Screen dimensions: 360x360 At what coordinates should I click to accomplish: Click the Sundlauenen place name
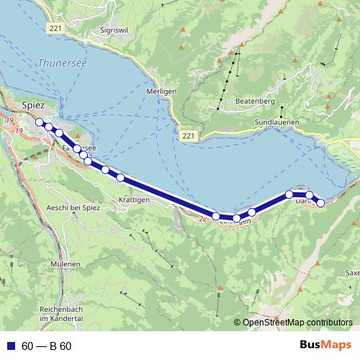(276, 122)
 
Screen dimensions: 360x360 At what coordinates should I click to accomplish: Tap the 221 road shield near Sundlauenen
(188, 135)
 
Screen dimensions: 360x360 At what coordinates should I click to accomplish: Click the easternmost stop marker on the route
(320, 203)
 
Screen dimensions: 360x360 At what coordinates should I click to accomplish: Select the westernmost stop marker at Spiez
(39, 122)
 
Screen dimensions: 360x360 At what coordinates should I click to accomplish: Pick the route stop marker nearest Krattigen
(120, 177)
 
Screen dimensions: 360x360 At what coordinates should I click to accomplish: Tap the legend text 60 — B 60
(46, 346)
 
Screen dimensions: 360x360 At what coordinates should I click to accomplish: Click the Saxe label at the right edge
(353, 273)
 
